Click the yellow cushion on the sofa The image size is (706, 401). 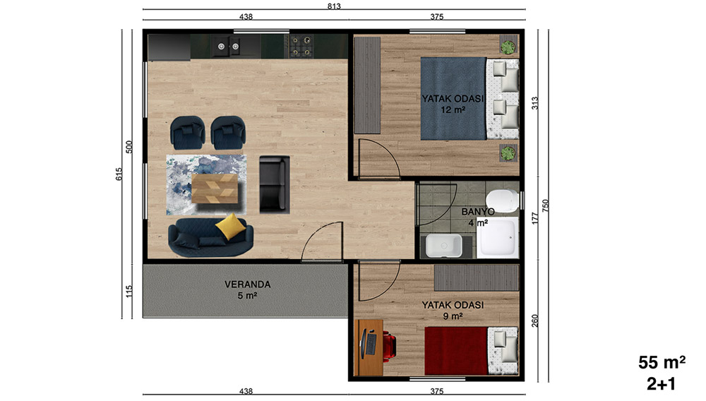pos(231,227)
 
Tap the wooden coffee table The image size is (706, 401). pos(215,188)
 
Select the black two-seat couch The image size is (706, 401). pos(274,184)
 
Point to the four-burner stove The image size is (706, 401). pos(301,47)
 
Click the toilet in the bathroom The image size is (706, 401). pos(501,200)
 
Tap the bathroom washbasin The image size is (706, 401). pos(444,246)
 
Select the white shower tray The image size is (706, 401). pos(498,238)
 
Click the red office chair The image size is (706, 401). pos(388,347)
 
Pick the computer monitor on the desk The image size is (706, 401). pos(362,344)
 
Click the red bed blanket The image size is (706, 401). pos(456,351)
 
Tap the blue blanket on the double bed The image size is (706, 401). pos(453,99)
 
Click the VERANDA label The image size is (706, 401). pos(248,285)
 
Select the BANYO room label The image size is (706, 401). pos(478,212)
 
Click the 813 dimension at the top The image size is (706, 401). pos(334,6)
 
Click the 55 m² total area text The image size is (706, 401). pos(662,362)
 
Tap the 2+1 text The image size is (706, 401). pos(662,384)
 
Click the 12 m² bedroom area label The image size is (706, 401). pos(453,109)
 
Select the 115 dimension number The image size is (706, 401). pos(129,291)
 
